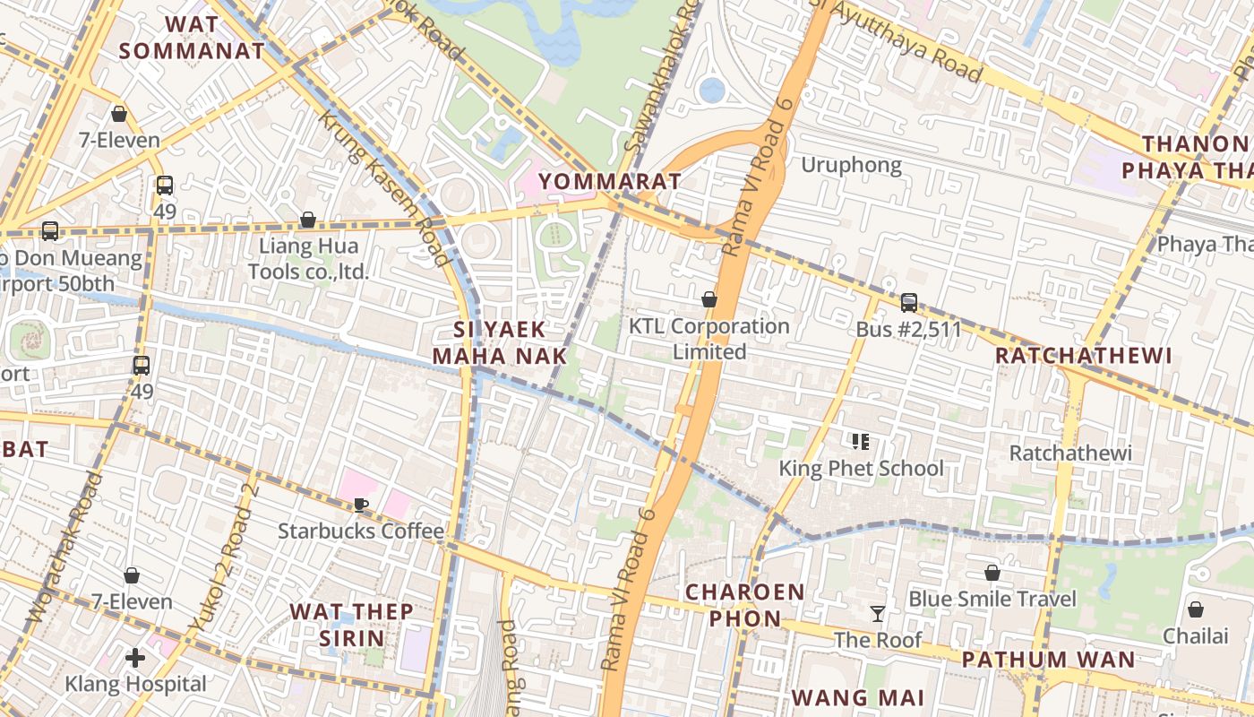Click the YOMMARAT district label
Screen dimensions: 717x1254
coord(610,181)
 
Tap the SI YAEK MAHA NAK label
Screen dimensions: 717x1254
coord(500,342)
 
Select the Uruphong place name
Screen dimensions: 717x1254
coord(851,165)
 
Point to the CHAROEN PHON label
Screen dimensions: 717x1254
coord(745,605)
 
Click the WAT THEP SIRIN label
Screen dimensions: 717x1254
coord(351,625)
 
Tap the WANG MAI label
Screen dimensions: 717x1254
coord(857,697)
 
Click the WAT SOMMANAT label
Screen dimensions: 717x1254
coord(193,38)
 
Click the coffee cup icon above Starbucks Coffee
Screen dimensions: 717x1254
coord(361,505)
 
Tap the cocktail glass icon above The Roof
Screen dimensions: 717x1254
coord(878,614)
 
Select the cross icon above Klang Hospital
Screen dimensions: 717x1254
coord(135,659)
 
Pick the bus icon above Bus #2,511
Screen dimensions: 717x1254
coord(908,303)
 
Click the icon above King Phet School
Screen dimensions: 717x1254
coord(861,441)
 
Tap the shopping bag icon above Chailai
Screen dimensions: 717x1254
coord(1195,610)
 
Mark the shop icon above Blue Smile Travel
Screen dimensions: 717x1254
coord(992,573)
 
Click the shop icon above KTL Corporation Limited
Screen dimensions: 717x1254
coord(709,299)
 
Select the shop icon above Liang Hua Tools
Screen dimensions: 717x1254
coord(308,220)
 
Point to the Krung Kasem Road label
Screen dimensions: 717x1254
coord(382,187)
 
